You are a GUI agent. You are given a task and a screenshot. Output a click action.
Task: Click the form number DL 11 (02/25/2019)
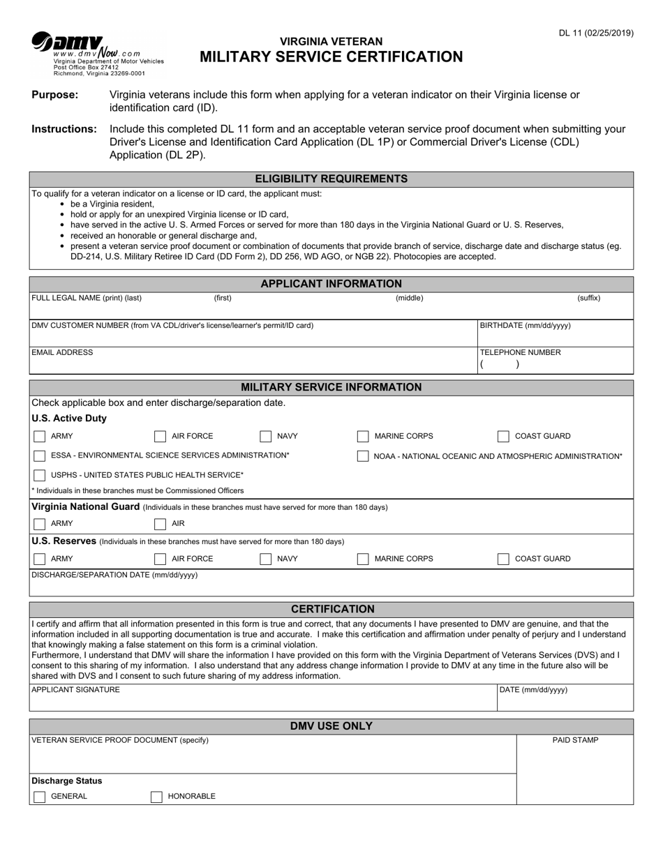[x=595, y=33]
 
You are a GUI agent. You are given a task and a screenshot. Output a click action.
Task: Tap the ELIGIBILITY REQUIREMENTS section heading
[x=331, y=179]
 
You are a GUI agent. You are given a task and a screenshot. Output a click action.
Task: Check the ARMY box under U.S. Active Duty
[x=40, y=437]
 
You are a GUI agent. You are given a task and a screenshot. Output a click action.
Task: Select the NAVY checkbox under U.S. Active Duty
[x=266, y=437]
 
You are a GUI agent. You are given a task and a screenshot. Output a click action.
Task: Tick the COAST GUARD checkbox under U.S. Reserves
[x=503, y=559]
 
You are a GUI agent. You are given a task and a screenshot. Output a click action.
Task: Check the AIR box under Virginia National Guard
[x=160, y=524]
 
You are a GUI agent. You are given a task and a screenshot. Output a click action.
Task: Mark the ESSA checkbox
[x=40, y=456]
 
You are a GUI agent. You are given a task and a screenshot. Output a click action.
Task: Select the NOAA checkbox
[x=363, y=456]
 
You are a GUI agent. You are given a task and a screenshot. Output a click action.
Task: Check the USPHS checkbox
[x=40, y=475]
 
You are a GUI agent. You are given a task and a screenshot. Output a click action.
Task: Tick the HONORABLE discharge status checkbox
[x=157, y=797]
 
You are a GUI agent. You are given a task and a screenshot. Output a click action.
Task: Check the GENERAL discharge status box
[x=40, y=797]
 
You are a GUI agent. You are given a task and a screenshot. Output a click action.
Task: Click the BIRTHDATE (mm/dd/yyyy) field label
[x=525, y=326]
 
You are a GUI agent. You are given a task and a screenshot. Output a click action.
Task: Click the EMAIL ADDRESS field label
[x=62, y=353]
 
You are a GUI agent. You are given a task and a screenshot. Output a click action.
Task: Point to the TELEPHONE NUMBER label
[x=520, y=353]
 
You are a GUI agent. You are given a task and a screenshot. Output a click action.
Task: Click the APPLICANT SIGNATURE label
[x=75, y=690]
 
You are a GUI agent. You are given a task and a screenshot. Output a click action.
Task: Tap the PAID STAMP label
[x=575, y=740]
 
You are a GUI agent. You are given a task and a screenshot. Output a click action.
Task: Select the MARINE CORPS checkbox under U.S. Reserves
[x=363, y=559]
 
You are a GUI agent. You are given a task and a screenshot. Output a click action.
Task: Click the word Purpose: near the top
[x=55, y=95]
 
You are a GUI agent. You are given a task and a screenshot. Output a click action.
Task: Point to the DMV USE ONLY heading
[x=331, y=726]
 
